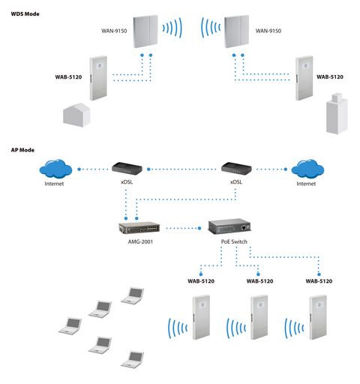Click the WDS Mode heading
(25, 13)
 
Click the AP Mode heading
(22, 150)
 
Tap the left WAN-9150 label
(114, 31)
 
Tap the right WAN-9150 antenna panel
(236, 31)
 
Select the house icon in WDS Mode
(76, 115)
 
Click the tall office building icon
(337, 113)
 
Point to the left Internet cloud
(55, 169)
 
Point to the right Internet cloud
(307, 169)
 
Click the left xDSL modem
(127, 168)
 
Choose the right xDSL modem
(236, 168)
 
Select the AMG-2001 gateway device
(139, 228)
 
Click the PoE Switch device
(229, 226)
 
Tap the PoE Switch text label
(234, 241)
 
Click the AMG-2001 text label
(140, 241)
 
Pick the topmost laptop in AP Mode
(133, 295)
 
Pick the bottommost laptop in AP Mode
(133, 359)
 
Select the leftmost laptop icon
(70, 326)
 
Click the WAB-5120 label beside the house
(68, 77)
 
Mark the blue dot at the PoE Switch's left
(199, 228)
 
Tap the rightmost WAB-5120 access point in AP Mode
(318, 317)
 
